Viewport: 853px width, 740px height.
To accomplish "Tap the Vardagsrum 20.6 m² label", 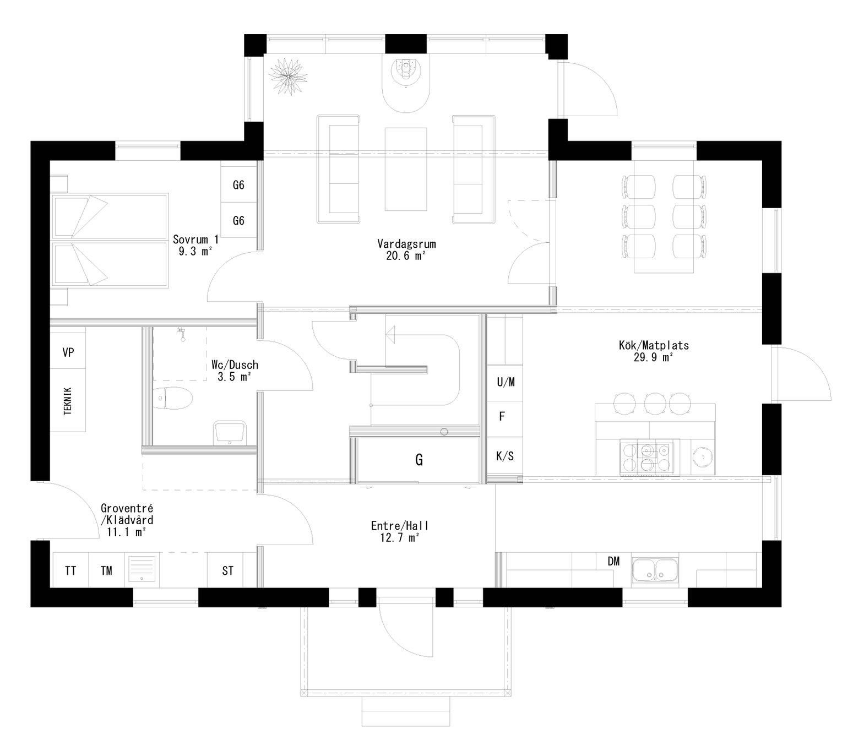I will tap(406, 249).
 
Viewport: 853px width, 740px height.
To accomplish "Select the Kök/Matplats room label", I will tap(654, 351).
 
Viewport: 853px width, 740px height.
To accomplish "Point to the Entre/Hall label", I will tap(399, 532).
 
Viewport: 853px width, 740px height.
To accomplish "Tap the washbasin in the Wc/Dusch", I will tap(229, 432).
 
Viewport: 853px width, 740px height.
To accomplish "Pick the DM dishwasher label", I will tap(613, 562).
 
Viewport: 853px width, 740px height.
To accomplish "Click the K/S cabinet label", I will tap(505, 456).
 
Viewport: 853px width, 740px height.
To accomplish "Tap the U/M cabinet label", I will tap(506, 382).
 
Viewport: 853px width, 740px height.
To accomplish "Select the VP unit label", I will tap(68, 352).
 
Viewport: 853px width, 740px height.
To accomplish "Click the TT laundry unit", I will tap(70, 570).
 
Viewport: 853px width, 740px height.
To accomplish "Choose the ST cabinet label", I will tap(227, 570).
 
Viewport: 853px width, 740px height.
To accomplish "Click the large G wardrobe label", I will tap(419, 460).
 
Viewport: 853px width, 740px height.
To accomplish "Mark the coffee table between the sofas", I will tap(406, 169).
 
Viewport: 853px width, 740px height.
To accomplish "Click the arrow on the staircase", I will tap(392, 333).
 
